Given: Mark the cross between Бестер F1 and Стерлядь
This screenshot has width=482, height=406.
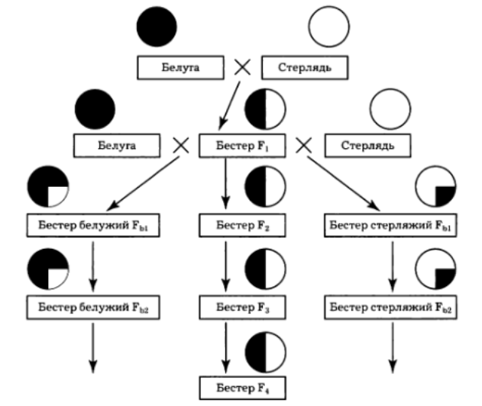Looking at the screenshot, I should tap(304, 144).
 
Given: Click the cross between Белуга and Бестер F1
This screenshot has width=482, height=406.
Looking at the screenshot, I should tap(180, 144).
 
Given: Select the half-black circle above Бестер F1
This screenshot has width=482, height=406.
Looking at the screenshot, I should tap(265, 110).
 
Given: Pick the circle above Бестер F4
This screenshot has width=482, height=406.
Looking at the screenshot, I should tap(265, 353).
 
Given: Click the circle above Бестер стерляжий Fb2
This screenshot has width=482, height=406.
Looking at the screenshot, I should tap(435, 270).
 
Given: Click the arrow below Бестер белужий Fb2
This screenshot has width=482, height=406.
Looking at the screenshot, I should tap(92, 347).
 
